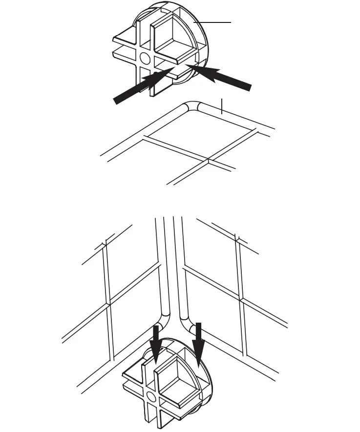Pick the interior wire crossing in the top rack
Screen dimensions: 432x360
(209, 160)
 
